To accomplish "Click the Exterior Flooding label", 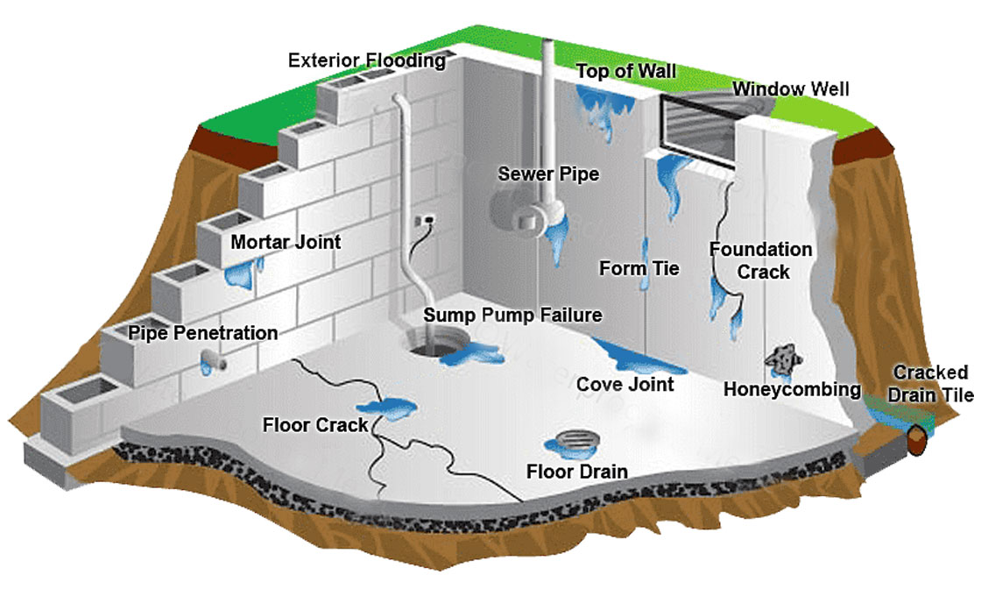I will tap(367, 60).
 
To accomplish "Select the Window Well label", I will tap(791, 89).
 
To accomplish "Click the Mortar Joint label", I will tap(286, 241).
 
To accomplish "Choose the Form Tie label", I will tap(639, 268).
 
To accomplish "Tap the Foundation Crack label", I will tap(760, 260).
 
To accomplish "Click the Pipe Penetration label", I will tap(203, 333).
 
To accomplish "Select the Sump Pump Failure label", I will tap(513, 315).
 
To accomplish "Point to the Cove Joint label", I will tap(625, 384).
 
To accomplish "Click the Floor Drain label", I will tap(577, 472).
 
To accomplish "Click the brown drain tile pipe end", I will tap(917, 438).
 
